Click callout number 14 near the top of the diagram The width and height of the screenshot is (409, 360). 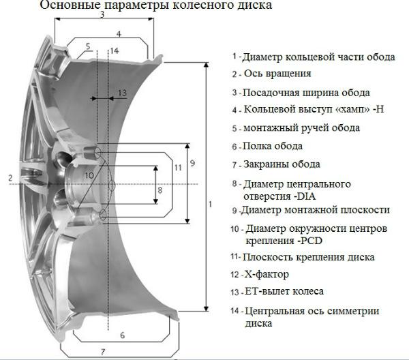pyautogui.click(x=115, y=50)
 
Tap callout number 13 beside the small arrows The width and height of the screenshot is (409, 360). pyautogui.click(x=122, y=93)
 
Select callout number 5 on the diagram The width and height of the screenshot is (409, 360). pyautogui.click(x=88, y=46)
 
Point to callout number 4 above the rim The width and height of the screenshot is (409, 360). pyautogui.click(x=119, y=34)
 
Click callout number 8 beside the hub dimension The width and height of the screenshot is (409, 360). pyautogui.click(x=160, y=190)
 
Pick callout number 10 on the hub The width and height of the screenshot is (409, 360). pyautogui.click(x=89, y=175)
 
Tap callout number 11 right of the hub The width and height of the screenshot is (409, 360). pyautogui.click(x=178, y=168)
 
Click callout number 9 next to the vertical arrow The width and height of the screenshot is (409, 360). pyautogui.click(x=192, y=164)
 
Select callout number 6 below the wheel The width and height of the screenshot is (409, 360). pyautogui.click(x=123, y=335)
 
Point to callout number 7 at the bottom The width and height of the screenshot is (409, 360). pyautogui.click(x=103, y=352)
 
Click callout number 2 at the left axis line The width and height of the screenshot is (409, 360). pyautogui.click(x=10, y=178)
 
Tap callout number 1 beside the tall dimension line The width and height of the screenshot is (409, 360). pyautogui.click(x=210, y=205)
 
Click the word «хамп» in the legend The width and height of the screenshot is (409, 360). pyautogui.click(x=352, y=109)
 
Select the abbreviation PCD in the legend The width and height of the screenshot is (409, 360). pyautogui.click(x=312, y=241)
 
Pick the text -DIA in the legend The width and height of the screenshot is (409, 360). pyautogui.click(x=305, y=196)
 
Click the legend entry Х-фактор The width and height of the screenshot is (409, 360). pyautogui.click(x=267, y=274)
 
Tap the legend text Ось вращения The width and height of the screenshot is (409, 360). pyautogui.click(x=277, y=74)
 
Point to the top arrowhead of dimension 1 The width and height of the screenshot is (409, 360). pyautogui.click(x=207, y=65)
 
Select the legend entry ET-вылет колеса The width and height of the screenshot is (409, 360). pyautogui.click(x=284, y=291)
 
